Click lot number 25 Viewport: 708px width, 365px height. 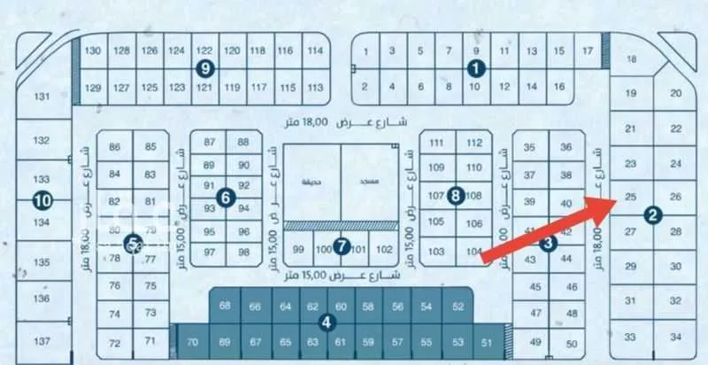pyautogui.click(x=630, y=197)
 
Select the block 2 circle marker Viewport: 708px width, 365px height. pyautogui.click(x=652, y=214)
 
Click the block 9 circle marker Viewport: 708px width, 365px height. pyautogui.click(x=205, y=67)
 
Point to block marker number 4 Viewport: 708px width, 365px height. pyautogui.click(x=327, y=322)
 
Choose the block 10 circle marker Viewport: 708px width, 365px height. pyautogui.click(x=41, y=201)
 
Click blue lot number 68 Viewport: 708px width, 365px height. pyautogui.click(x=225, y=306)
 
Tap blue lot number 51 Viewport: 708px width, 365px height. pyautogui.click(x=486, y=341)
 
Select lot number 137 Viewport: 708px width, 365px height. pyautogui.click(x=41, y=341)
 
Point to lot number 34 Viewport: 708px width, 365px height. pyautogui.click(x=676, y=338)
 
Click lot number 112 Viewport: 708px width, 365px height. pyautogui.click(x=474, y=143)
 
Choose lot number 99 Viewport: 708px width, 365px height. pyautogui.click(x=298, y=249)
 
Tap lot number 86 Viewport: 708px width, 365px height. pyautogui.click(x=114, y=146)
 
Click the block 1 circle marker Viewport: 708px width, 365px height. pyautogui.click(x=477, y=67)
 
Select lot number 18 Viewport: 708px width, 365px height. pyautogui.click(x=631, y=59)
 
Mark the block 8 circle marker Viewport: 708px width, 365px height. pyautogui.click(x=455, y=196)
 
